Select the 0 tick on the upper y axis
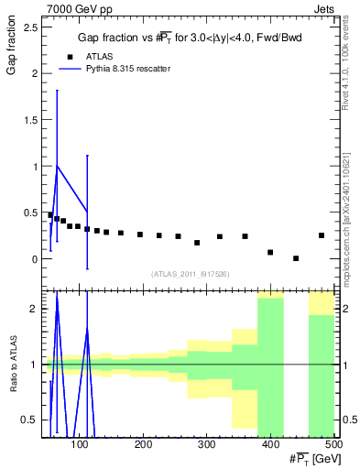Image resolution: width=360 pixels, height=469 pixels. pyautogui.click(x=34, y=259)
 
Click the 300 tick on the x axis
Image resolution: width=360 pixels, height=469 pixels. pyautogui.click(x=206, y=444)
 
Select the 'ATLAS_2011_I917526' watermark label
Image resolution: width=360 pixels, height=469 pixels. pyautogui.click(x=189, y=274)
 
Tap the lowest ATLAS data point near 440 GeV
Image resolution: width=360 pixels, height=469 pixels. pyautogui.click(x=296, y=258)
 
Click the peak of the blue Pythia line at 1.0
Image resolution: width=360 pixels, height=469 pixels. pyautogui.click(x=58, y=166)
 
